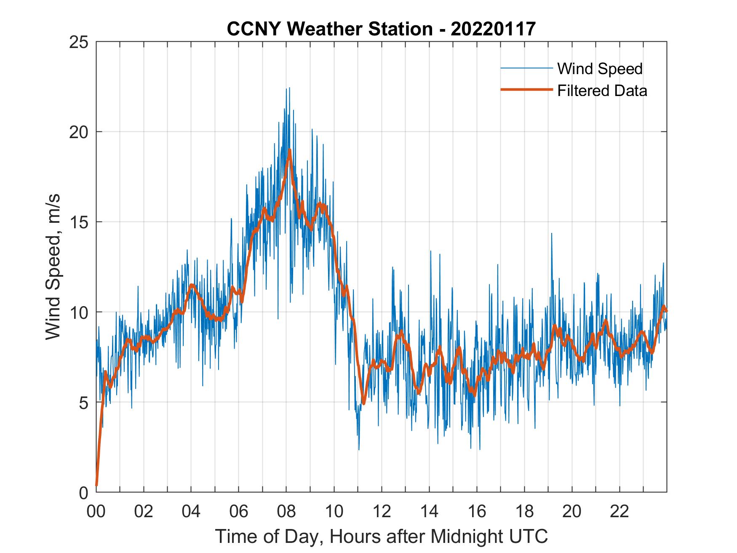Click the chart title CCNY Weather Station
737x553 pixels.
click(329, 29)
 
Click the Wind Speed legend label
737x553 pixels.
click(600, 69)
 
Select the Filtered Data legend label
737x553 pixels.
click(602, 91)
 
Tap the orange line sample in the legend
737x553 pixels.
click(526, 90)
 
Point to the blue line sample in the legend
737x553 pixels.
click(526, 68)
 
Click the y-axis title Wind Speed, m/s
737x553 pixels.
click(53, 267)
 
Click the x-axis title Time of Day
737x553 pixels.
click(381, 537)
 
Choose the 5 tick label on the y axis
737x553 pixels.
click(83, 403)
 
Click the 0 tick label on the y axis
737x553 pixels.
click(83, 492)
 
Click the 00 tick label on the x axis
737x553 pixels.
click(96, 512)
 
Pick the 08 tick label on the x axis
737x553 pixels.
click(286, 512)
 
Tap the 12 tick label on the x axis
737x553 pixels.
click(382, 512)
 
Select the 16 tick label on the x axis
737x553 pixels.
click(477, 512)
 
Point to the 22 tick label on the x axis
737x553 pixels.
click(620, 512)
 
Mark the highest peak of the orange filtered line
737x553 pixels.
click(290, 150)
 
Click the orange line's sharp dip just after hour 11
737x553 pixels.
click(363, 403)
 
